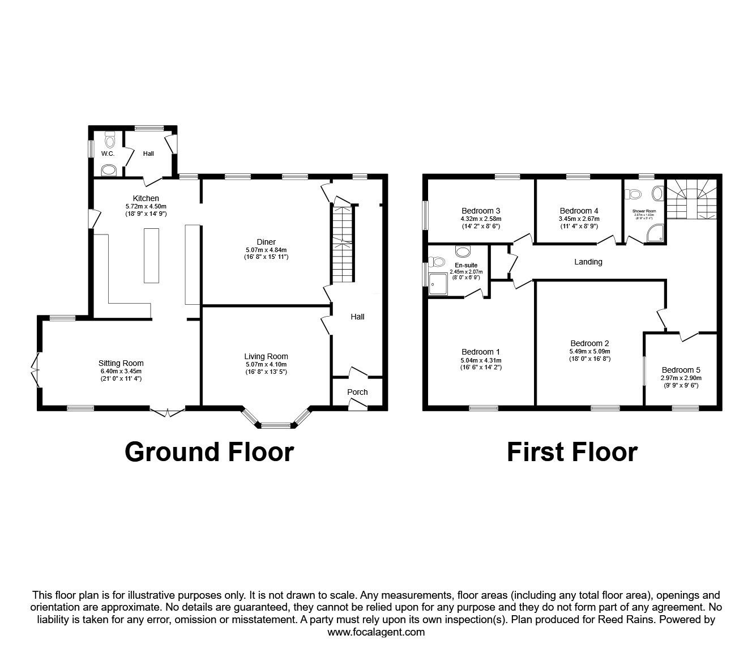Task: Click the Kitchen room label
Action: pyautogui.click(x=146, y=198)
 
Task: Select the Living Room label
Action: pyautogui.click(x=266, y=356)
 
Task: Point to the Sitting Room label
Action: pyautogui.click(x=121, y=363)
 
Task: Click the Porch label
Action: pyautogui.click(x=357, y=392)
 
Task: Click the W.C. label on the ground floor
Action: pyautogui.click(x=108, y=154)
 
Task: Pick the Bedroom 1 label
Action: pyautogui.click(x=481, y=351)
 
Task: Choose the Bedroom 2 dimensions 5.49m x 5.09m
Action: pyautogui.click(x=589, y=351)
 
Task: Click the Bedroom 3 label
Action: pyautogui.click(x=481, y=210)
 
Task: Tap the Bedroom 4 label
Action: pyautogui.click(x=579, y=210)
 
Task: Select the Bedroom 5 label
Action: pyautogui.click(x=681, y=370)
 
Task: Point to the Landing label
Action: pyautogui.click(x=588, y=262)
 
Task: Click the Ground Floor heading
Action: pyautogui.click(x=209, y=452)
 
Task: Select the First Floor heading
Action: pyautogui.click(x=572, y=452)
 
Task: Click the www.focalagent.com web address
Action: pyautogui.click(x=376, y=632)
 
